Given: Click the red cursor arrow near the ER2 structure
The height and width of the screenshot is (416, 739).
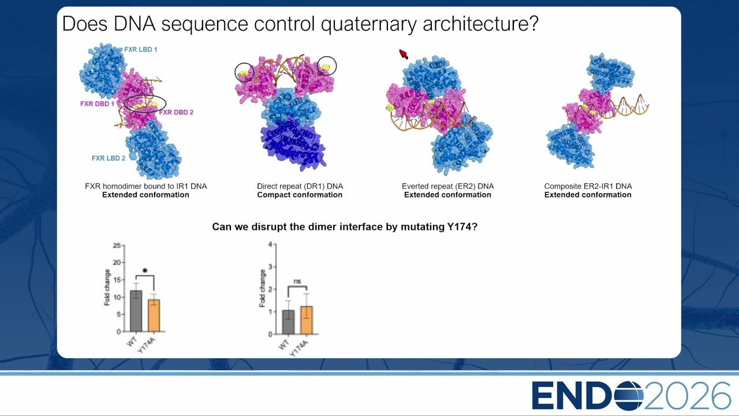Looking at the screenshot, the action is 403,54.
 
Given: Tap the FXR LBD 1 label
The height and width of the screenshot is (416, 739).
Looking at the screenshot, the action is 140,50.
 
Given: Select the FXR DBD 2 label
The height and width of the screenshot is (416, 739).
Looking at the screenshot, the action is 176,112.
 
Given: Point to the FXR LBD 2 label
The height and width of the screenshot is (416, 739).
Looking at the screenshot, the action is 109,158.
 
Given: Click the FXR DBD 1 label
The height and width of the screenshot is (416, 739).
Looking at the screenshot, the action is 98,103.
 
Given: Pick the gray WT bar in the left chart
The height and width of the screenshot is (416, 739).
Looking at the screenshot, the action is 136,311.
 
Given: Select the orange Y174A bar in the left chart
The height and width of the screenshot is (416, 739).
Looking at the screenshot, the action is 154,315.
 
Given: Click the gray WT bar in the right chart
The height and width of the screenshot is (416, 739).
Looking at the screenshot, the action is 289,322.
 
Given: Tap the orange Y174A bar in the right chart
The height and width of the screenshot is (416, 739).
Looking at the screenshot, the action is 307,320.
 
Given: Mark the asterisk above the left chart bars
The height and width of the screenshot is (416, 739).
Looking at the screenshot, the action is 145,270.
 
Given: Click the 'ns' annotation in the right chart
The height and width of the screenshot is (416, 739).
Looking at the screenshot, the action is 297,281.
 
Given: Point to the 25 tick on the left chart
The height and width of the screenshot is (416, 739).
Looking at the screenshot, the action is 117,246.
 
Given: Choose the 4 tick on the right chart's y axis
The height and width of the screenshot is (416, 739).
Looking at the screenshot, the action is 270,244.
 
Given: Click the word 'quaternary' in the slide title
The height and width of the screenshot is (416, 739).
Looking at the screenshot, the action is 369,24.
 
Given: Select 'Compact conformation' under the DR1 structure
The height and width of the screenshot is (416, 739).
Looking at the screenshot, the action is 300,195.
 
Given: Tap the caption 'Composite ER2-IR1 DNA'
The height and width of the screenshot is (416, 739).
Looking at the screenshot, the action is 588,186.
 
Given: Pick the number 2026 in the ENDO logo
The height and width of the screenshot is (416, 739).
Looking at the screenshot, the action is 687,396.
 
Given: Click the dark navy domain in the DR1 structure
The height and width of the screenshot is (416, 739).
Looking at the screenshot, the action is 292,144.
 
